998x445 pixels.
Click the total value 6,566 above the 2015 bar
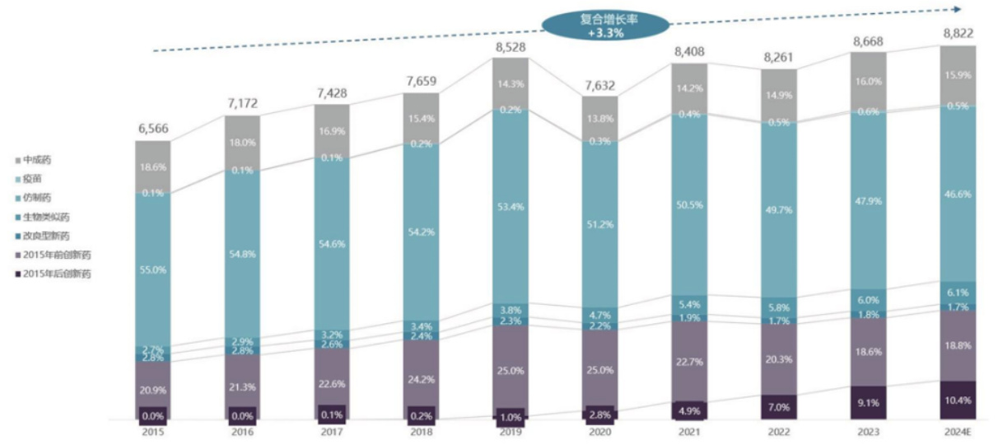pyautogui.click(x=153, y=129)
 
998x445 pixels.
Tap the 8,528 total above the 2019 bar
pyautogui.click(x=511, y=47)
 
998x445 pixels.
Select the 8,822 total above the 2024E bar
pyautogui.click(x=958, y=35)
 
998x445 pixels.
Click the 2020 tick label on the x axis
pyautogui.click(x=599, y=432)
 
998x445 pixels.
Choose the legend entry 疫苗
pyautogui.click(x=34, y=178)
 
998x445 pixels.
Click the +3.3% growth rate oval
pyautogui.click(x=605, y=25)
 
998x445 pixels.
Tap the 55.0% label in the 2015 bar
pyautogui.click(x=153, y=269)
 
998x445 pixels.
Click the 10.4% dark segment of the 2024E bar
pyautogui.click(x=958, y=400)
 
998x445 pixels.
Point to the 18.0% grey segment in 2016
pyautogui.click(x=243, y=143)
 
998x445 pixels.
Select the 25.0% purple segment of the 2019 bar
pyautogui.click(x=511, y=371)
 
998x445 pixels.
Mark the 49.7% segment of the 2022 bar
pyautogui.click(x=780, y=210)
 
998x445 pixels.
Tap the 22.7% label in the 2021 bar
pyautogui.click(x=690, y=359)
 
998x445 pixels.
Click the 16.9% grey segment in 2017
pyautogui.click(x=333, y=129)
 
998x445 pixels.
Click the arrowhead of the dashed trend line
pyautogui.click(x=958, y=9)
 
